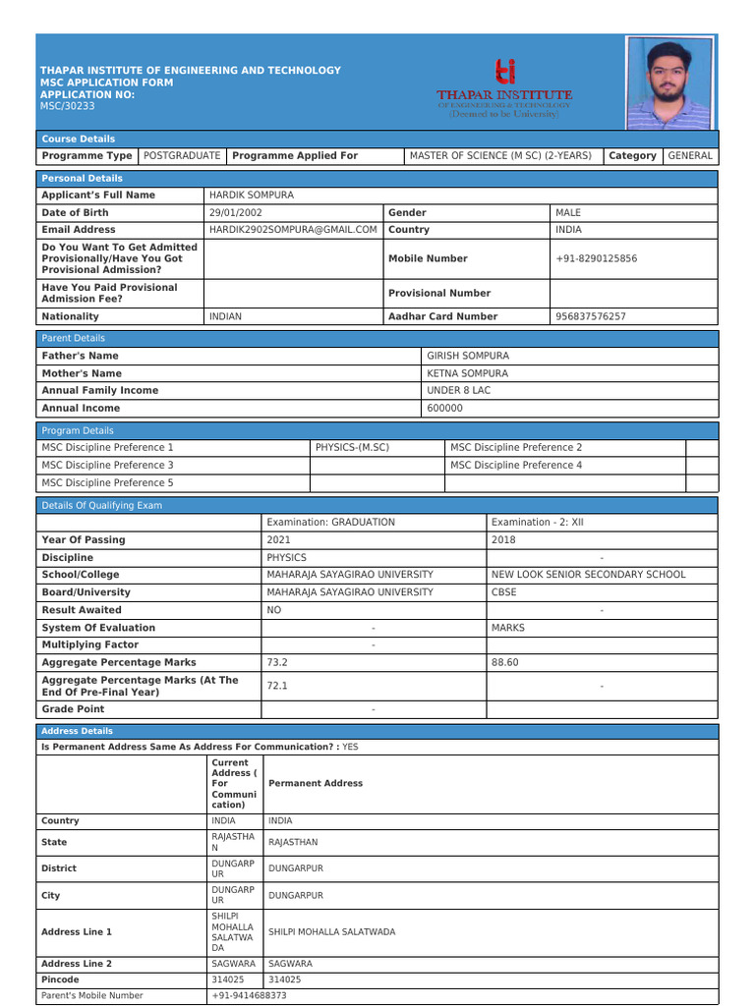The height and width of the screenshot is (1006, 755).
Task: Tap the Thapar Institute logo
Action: click(x=504, y=86)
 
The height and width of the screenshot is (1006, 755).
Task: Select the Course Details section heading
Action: click(x=78, y=140)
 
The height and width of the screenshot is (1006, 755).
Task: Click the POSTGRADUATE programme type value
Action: click(x=182, y=156)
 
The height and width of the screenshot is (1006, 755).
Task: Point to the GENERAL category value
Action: click(x=689, y=156)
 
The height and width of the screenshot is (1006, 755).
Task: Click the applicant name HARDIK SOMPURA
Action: click(x=252, y=196)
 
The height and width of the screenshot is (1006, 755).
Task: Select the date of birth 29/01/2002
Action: click(x=236, y=212)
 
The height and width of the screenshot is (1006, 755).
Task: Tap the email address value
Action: click(x=293, y=230)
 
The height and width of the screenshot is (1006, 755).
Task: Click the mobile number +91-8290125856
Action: click(x=596, y=258)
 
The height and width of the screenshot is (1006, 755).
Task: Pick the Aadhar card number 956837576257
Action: click(x=590, y=316)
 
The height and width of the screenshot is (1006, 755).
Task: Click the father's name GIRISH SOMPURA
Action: click(x=468, y=356)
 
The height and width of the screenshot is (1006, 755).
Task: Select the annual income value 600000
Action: click(x=444, y=408)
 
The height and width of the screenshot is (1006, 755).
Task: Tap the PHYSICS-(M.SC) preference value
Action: click(x=352, y=447)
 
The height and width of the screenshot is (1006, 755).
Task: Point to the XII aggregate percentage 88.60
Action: click(x=504, y=662)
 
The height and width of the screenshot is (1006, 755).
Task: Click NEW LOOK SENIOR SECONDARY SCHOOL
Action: click(x=588, y=575)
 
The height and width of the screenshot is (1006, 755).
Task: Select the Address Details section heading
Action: click(x=77, y=731)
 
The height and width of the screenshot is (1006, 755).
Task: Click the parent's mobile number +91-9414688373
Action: click(x=249, y=995)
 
